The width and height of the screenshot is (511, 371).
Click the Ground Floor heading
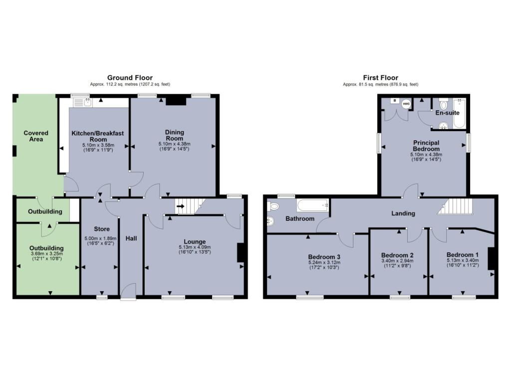pyautogui.click(x=130, y=77)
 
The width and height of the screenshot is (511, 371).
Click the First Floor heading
pyautogui.click(x=381, y=77)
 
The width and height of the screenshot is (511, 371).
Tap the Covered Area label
pyautogui.click(x=36, y=136)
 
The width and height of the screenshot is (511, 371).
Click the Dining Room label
pyautogui.click(x=175, y=135)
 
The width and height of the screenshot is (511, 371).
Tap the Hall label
pyautogui.click(x=131, y=239)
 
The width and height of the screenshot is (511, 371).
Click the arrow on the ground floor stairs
pyautogui.click(x=180, y=206)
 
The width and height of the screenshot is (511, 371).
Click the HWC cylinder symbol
pyautogui.click(x=406, y=104)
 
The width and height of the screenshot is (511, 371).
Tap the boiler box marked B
pyautogui.click(x=394, y=101)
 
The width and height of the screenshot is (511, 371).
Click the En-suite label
pyautogui.click(x=447, y=113)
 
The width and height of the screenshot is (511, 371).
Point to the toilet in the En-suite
pyautogui.click(x=444, y=105)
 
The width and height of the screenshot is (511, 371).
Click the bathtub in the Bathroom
pyautogui.click(x=312, y=204)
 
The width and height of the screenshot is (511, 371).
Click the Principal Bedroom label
pyautogui.click(x=426, y=146)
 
